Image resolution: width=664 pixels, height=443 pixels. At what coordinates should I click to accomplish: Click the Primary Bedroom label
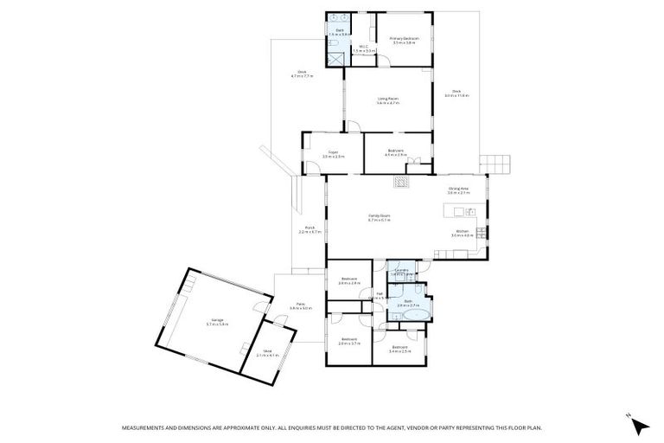404,40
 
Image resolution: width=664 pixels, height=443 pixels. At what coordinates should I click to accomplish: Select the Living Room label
387,100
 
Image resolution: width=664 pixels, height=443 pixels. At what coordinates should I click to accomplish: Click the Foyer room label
333,154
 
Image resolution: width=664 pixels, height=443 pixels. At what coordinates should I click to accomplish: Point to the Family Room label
380,218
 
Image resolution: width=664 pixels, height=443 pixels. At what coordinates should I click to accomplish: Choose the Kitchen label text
463,233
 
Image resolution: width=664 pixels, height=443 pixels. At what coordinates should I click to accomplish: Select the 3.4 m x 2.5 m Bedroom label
399,350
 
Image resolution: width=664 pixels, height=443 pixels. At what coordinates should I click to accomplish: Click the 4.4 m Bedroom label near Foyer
395,153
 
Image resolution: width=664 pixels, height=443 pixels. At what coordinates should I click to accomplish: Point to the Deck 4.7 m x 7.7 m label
302,74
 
